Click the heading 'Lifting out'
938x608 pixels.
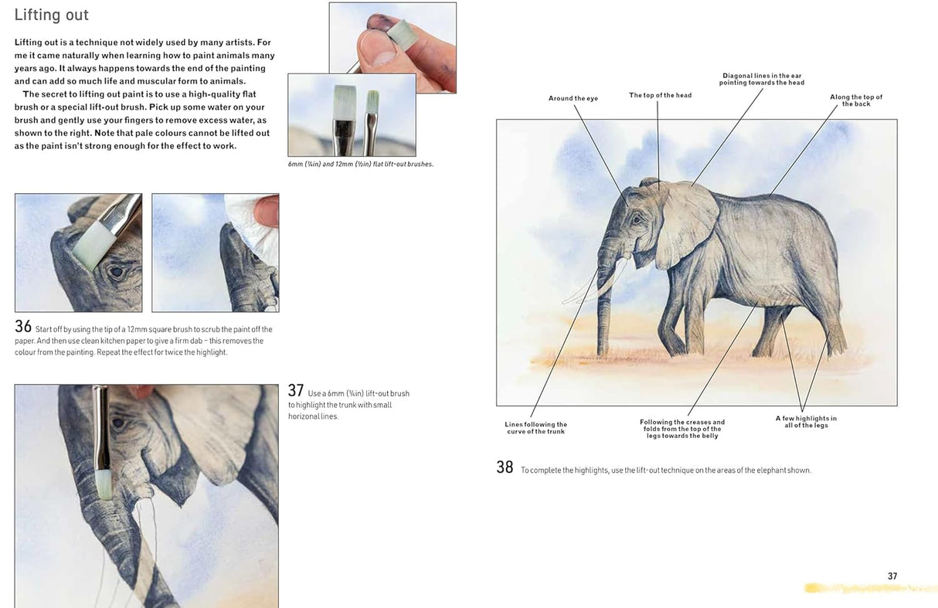tap(52, 15)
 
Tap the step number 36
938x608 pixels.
tap(23, 327)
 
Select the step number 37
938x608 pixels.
tap(296, 391)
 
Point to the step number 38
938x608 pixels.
tap(505, 467)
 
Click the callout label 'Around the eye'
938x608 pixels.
tap(573, 99)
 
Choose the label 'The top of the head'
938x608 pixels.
tap(660, 96)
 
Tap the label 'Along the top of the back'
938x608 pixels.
tap(856, 100)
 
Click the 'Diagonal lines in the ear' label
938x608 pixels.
tap(761, 79)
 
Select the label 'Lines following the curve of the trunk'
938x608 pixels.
tap(535, 428)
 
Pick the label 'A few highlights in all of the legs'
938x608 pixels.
tap(806, 422)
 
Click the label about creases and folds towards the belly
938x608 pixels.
tap(682, 429)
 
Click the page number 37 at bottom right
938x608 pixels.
tap(892, 576)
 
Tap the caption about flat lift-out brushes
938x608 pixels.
tap(360, 165)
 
